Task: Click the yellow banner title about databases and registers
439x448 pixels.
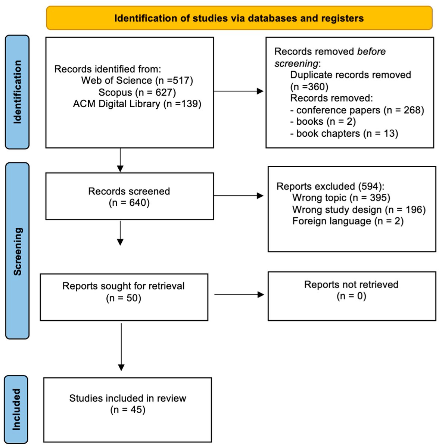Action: point(239,18)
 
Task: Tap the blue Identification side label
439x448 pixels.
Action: point(17,92)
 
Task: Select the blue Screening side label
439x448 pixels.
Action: point(17,251)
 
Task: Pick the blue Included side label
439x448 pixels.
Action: point(16,409)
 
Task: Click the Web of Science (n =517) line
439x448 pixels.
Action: point(137,80)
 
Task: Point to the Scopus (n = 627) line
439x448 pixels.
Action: point(137,92)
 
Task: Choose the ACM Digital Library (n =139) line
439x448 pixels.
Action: point(137,104)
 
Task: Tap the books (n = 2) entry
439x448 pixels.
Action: point(323,122)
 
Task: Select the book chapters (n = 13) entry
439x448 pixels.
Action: point(344,133)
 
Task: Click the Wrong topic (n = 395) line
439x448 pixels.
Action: point(341,197)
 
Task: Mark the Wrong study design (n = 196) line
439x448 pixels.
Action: point(359,209)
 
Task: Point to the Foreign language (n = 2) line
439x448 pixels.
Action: point(348,221)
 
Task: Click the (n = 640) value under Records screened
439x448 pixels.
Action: point(129,203)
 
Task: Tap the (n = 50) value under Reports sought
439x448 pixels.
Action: point(124,298)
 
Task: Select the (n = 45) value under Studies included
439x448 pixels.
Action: point(128,410)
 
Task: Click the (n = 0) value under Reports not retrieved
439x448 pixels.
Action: point(351,296)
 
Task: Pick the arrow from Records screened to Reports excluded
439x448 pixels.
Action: point(239,196)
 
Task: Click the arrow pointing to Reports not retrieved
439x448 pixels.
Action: point(239,295)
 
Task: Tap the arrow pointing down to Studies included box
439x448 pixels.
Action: point(121,347)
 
